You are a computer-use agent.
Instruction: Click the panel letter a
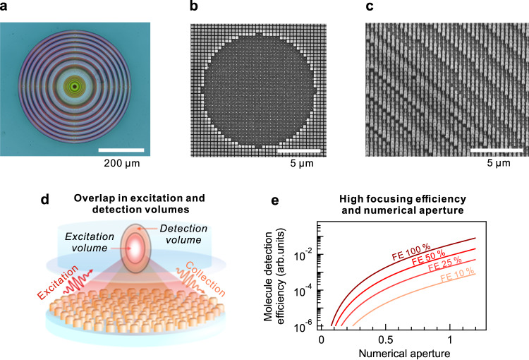pyautogui.click(x=4, y=6)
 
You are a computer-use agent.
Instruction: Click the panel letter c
pyautogui.click(x=370, y=6)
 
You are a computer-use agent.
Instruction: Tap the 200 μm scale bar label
pyautogui.click(x=122, y=164)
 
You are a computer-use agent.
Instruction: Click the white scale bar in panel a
pyautogui.click(x=121, y=150)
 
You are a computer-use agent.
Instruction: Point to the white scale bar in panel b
pyautogui.click(x=298, y=150)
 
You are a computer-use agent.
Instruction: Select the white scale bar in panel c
pyautogui.click(x=497, y=150)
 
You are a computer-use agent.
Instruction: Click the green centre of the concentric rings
pyautogui.click(x=75, y=87)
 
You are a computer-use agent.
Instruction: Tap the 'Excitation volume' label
pyautogui.click(x=90, y=242)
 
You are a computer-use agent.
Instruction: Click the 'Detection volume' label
pyautogui.click(x=183, y=234)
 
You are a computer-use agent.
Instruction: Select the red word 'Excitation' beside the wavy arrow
pyautogui.click(x=57, y=282)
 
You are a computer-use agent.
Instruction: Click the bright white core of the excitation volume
pyautogui.click(x=135, y=248)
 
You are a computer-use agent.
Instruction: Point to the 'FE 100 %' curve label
pyautogui.click(x=411, y=253)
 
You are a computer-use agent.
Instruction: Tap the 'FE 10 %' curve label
pyautogui.click(x=458, y=274)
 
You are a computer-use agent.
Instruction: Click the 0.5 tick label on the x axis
pyautogui.click(x=385, y=339)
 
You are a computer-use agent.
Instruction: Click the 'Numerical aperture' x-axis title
pyautogui.click(x=404, y=354)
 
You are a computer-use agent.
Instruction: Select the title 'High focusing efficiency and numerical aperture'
pyautogui.click(x=403, y=204)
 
